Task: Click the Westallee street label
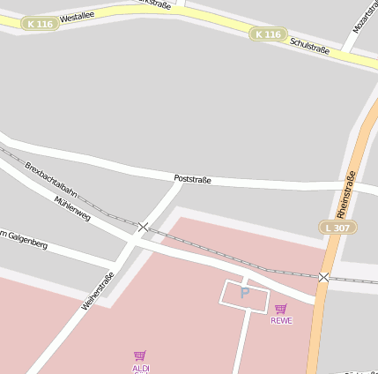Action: [x=77, y=16]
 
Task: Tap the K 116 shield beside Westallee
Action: [x=40, y=24]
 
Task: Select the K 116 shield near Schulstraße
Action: [x=268, y=34]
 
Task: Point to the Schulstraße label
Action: [x=309, y=46]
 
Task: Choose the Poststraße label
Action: [x=192, y=179]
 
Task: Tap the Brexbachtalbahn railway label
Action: [x=50, y=179]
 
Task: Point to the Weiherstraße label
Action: [x=98, y=289]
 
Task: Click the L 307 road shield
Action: [x=337, y=228]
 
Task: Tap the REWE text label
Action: [x=281, y=320]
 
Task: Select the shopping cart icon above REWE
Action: [x=281, y=309]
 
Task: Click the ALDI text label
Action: [x=141, y=367]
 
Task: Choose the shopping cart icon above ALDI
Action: [x=140, y=355]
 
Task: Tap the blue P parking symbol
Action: [x=245, y=292]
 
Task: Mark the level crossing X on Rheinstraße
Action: [x=323, y=277]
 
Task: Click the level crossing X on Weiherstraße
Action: [x=144, y=227]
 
